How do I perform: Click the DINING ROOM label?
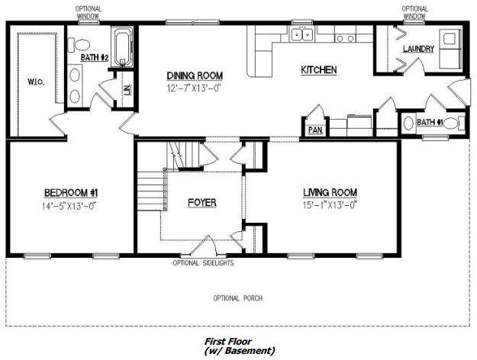pyautogui.click(x=195, y=76)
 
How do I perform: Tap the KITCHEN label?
pyautogui.click(x=319, y=70)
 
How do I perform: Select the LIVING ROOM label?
pyautogui.click(x=330, y=192)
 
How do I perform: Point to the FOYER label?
pyautogui.click(x=202, y=203)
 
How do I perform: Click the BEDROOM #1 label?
pyautogui.click(x=71, y=193)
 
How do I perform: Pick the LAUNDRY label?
pyautogui.click(x=418, y=49)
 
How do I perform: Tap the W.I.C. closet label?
pyautogui.click(x=36, y=82)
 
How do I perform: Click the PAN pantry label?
pyautogui.click(x=315, y=130)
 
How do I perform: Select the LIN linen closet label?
pyautogui.click(x=127, y=90)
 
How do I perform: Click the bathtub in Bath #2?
pyautogui.click(x=122, y=47)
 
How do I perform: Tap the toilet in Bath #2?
pyautogui.click(x=79, y=45)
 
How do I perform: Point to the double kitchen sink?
pyautogui.click(x=301, y=34)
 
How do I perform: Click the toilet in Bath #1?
pyautogui.click(x=454, y=123)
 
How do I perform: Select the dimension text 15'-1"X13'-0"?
pyautogui.click(x=330, y=205)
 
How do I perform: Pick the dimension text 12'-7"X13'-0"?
pyautogui.click(x=194, y=88)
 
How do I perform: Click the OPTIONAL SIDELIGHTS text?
pyautogui.click(x=203, y=263)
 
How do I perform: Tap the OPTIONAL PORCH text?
pyautogui.click(x=238, y=298)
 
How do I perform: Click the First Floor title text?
pyautogui.click(x=228, y=341)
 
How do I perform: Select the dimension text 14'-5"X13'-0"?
pyautogui.click(x=69, y=206)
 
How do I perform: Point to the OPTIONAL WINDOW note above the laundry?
pyautogui.click(x=414, y=12)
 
